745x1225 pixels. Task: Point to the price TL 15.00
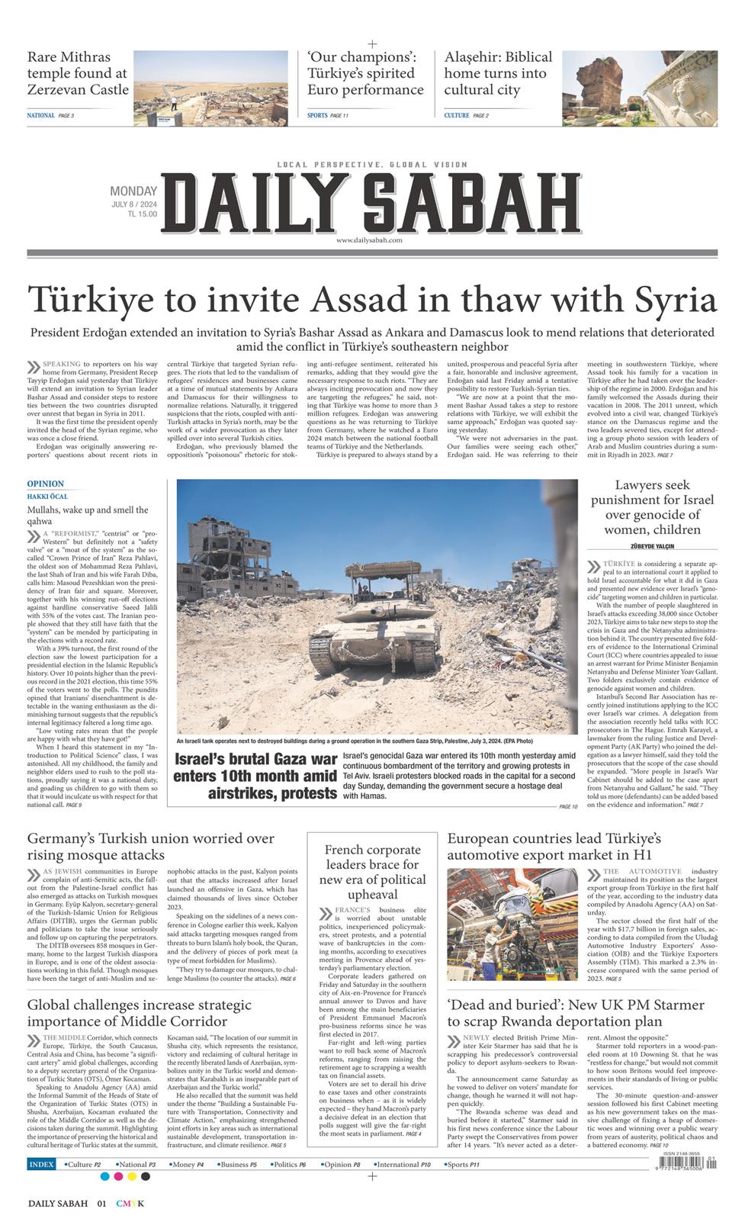(x=142, y=214)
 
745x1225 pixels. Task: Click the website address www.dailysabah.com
(x=368, y=240)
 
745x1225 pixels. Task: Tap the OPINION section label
(x=46, y=484)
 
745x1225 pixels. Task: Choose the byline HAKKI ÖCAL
(x=47, y=497)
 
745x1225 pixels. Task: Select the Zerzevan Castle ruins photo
(x=210, y=88)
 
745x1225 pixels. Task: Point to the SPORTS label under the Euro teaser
(x=317, y=115)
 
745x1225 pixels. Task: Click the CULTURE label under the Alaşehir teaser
(x=457, y=115)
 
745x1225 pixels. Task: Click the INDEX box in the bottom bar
(x=41, y=1165)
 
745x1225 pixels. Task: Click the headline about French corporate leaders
(x=372, y=872)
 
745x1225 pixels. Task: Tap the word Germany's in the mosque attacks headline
(x=63, y=839)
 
